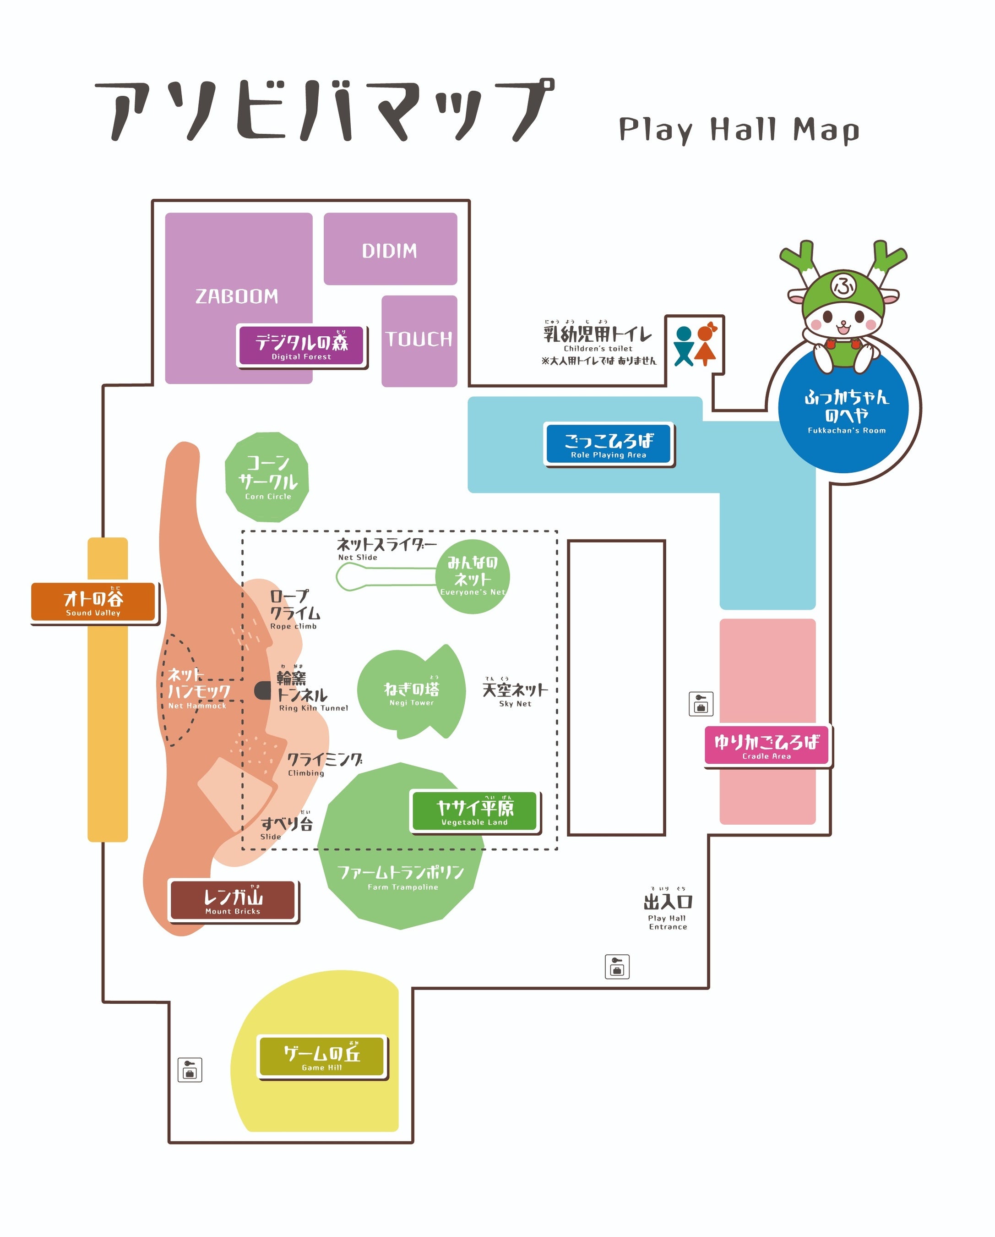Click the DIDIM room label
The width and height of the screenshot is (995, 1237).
click(x=389, y=251)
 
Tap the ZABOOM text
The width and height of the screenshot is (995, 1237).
click(x=236, y=296)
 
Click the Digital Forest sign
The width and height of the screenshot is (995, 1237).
click(x=301, y=346)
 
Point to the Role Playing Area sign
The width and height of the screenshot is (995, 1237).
click(x=609, y=443)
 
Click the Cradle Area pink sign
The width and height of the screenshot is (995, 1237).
click(x=767, y=745)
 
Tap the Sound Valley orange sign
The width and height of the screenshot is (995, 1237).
click(x=93, y=602)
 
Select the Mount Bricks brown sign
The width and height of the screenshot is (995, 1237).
click(x=233, y=900)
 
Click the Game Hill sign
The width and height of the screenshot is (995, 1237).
click(x=322, y=1057)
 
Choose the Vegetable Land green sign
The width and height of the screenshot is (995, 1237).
click(x=474, y=811)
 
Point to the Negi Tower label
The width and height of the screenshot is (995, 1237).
click(x=411, y=693)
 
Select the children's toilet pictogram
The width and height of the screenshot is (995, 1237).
click(x=695, y=346)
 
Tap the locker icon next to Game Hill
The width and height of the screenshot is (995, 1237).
click(x=190, y=1070)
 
